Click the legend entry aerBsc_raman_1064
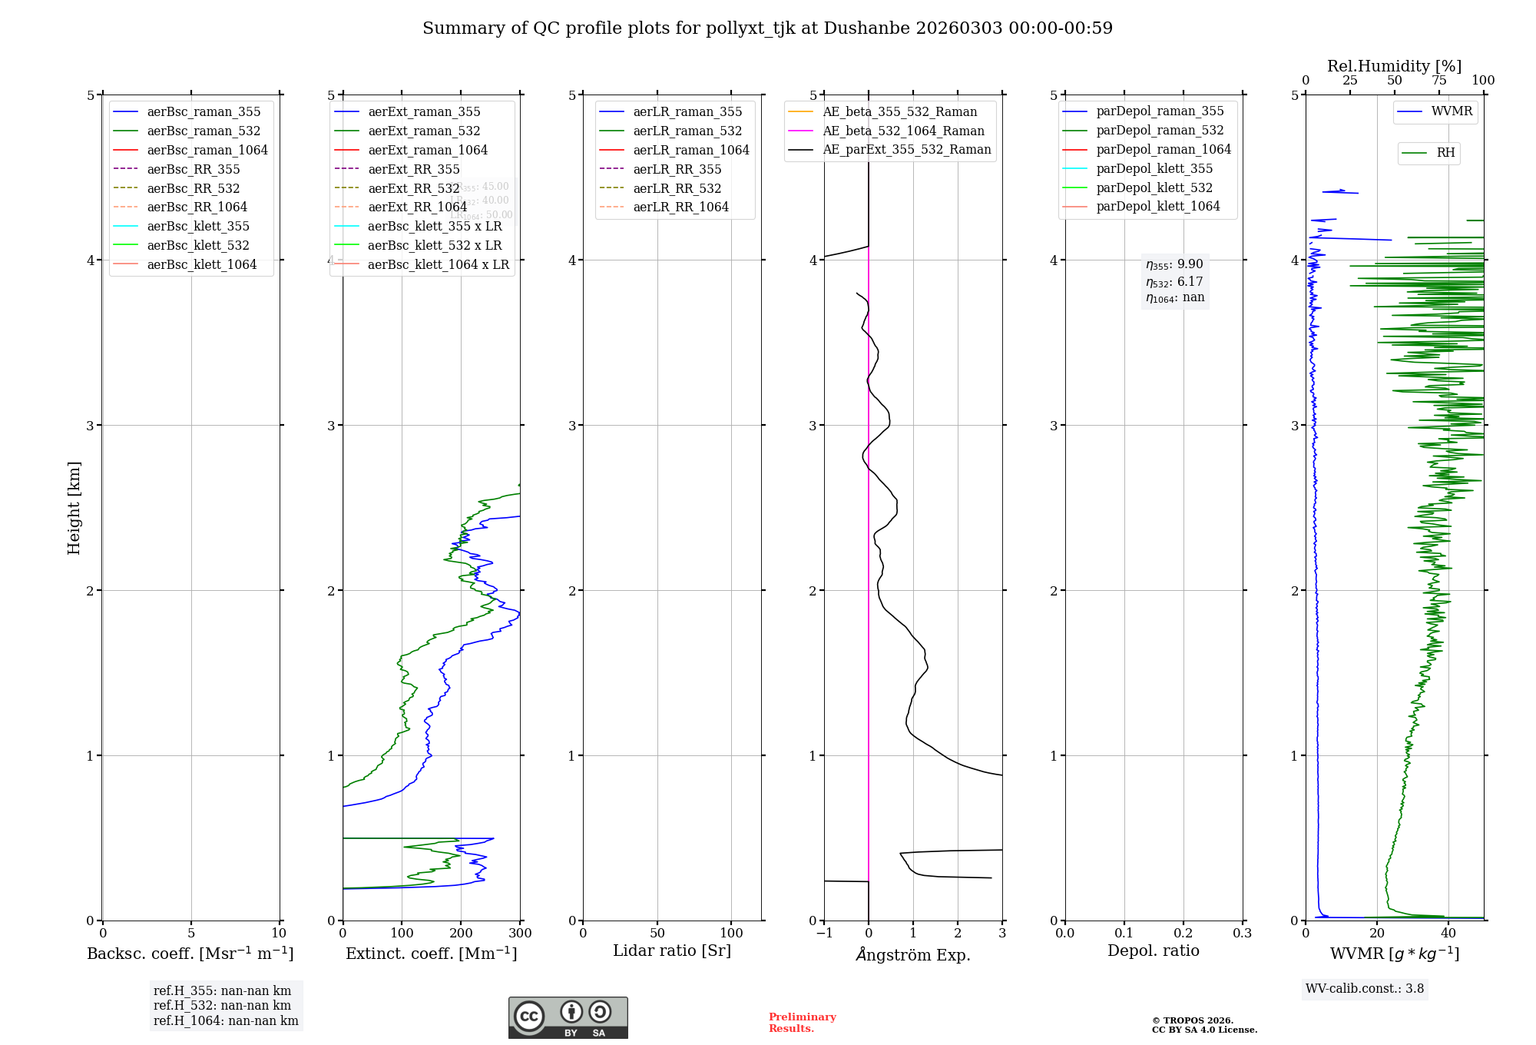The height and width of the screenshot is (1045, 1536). pos(207,150)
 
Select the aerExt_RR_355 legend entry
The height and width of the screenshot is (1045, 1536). pos(413,169)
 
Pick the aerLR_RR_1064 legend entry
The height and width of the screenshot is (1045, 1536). pos(680,207)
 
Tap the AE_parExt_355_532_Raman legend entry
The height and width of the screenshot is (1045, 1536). pos(906,150)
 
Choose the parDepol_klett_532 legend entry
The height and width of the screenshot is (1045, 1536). pos(1154,187)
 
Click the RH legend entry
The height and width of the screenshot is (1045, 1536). pos(1445,153)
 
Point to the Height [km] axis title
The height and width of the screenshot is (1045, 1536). pos(74,507)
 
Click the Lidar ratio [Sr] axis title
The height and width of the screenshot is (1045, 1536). pos(672,950)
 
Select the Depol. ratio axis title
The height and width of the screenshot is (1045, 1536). pos(1153,950)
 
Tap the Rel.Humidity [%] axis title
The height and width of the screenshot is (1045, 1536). pos(1394,66)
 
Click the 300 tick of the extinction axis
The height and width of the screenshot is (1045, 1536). pos(520,934)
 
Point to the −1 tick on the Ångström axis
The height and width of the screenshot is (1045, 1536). pos(824,934)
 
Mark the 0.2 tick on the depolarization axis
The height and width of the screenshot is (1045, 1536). pos(1183,934)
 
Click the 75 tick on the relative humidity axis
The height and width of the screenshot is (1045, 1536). pos(1438,81)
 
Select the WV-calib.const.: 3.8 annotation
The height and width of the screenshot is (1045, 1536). pos(1365,989)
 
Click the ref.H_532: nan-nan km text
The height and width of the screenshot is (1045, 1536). pos(222,1006)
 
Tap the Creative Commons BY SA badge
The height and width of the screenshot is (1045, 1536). pos(568,1017)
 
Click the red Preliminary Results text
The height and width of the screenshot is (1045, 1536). pos(802,1023)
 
